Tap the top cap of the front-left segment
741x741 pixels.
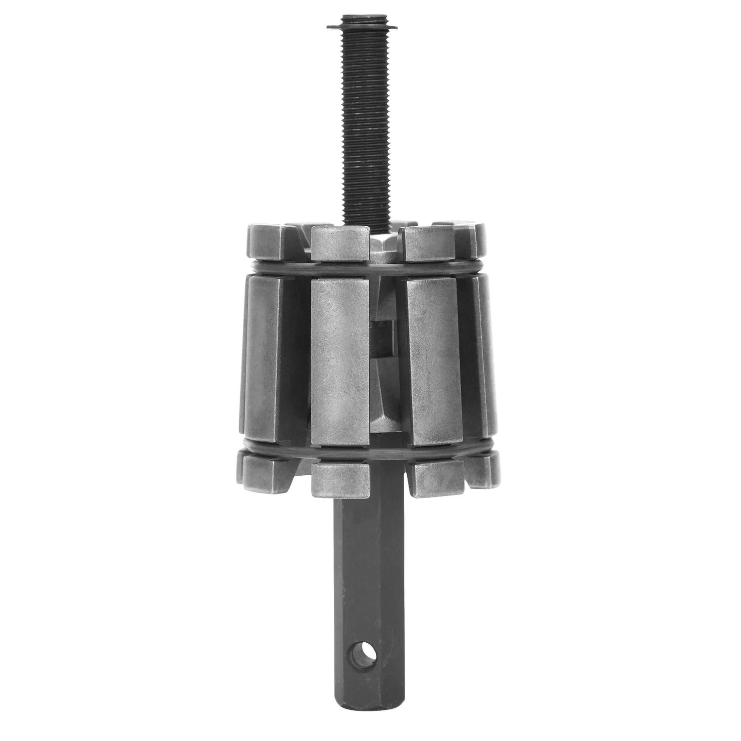(x=340, y=242)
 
